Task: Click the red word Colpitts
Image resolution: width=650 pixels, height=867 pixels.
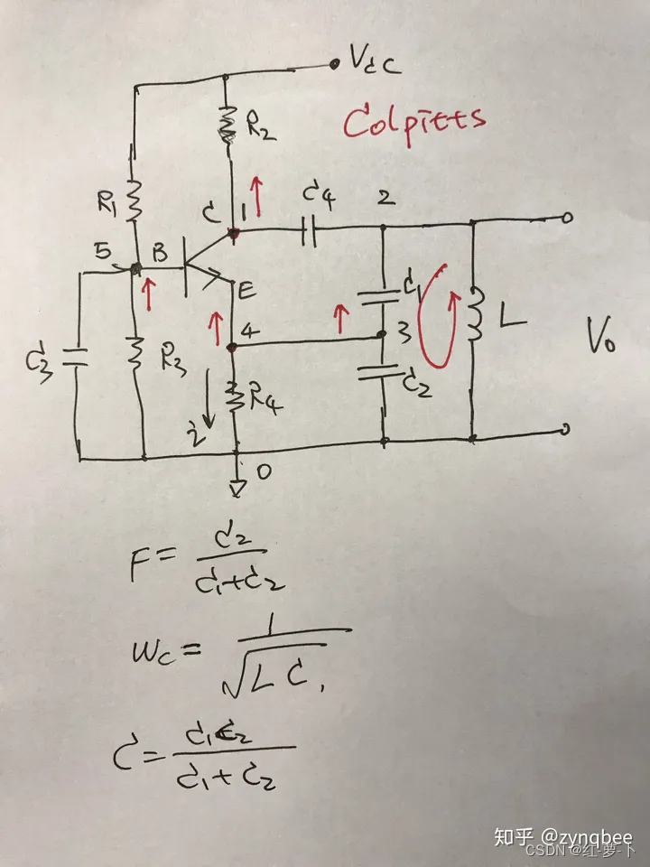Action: pos(414,120)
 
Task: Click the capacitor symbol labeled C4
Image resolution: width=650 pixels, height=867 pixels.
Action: pos(307,233)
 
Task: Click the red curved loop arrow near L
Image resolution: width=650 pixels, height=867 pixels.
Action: pos(440,316)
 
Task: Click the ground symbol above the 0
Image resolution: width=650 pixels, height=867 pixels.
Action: pos(237,489)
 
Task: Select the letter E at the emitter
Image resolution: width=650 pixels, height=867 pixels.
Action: pos(245,291)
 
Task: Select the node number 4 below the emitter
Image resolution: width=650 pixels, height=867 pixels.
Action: pos(254,331)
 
